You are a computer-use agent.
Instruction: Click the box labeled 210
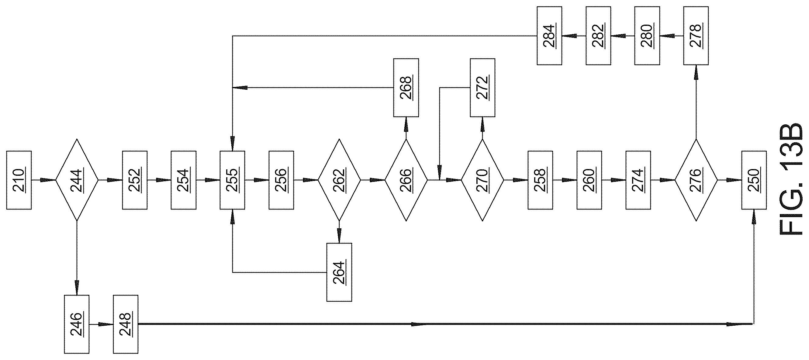(x=19, y=180)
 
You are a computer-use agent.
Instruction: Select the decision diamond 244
(x=77, y=180)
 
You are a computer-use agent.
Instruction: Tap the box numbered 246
(x=77, y=324)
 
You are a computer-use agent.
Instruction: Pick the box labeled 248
(x=126, y=324)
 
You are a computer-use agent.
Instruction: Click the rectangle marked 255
(x=232, y=180)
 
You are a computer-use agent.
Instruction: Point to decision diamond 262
(x=339, y=180)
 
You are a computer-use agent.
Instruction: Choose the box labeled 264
(x=339, y=272)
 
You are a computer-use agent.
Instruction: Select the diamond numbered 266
(x=406, y=180)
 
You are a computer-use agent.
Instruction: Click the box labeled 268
(x=406, y=88)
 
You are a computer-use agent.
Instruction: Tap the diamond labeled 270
(x=482, y=180)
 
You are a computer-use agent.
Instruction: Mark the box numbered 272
(x=483, y=88)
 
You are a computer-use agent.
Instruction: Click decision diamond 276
(x=696, y=180)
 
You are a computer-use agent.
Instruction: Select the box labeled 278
(x=696, y=36)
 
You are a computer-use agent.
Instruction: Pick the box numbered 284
(x=549, y=36)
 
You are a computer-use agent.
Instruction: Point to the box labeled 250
(x=754, y=180)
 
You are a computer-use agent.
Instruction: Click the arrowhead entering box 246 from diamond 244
(x=77, y=288)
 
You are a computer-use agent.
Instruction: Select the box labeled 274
(x=638, y=180)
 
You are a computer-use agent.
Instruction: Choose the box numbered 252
(x=135, y=180)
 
